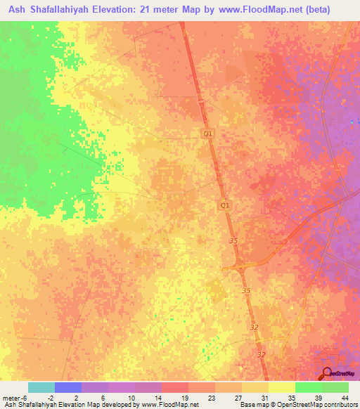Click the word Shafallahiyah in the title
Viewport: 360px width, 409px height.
(x=65, y=10)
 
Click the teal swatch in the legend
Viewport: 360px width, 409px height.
(x=41, y=387)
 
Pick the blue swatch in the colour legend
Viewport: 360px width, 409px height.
(x=68, y=387)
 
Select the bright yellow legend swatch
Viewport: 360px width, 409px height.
(x=281, y=387)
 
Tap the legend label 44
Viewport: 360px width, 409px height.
(x=345, y=398)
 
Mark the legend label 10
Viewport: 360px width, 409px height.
(x=132, y=398)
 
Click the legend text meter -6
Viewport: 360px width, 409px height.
(x=14, y=398)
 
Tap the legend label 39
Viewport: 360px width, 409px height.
(x=319, y=398)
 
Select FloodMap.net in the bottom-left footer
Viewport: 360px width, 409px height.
(x=179, y=405)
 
